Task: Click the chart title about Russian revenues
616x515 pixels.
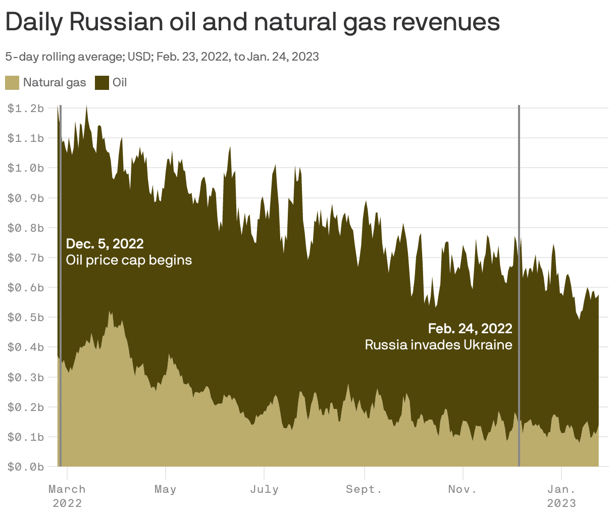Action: (252, 22)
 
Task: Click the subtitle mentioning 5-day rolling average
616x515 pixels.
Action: (162, 57)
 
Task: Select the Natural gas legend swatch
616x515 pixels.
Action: (12, 82)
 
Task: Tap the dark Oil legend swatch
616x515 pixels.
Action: (102, 82)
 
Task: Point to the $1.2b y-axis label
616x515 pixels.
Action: (26, 108)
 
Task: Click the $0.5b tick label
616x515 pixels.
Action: (26, 317)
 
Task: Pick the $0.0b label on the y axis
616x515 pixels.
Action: (26, 467)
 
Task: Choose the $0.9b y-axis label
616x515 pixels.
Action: (26, 198)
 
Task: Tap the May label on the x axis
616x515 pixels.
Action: (166, 489)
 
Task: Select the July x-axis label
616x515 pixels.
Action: (264, 489)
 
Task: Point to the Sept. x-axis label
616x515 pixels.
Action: (364, 489)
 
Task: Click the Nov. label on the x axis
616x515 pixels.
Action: (463, 489)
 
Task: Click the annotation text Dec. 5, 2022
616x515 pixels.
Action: (105, 244)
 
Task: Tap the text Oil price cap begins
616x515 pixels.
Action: (129, 260)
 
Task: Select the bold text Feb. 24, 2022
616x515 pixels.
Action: (470, 329)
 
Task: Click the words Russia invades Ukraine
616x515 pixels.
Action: (438, 345)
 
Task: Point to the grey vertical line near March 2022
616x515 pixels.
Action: (61, 303)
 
